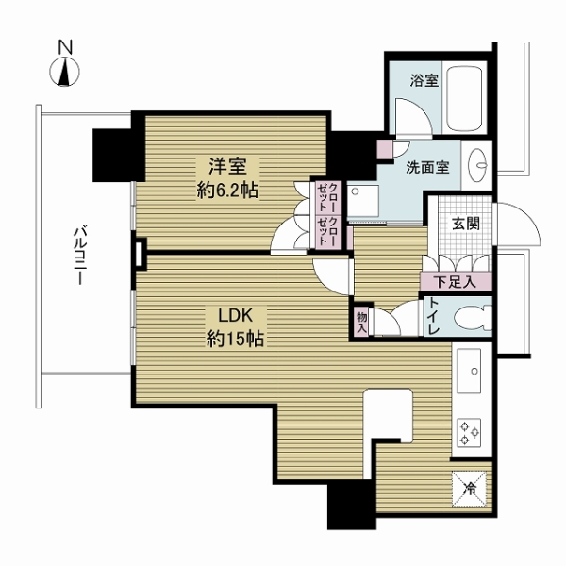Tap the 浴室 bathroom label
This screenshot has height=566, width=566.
click(424, 80)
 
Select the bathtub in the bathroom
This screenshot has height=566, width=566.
click(464, 98)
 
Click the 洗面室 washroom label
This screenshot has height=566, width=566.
click(427, 167)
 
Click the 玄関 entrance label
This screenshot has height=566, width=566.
click(466, 225)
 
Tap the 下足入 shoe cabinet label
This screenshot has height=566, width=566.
click(455, 282)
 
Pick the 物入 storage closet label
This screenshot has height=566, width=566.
click(361, 323)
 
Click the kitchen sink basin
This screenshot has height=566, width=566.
click(469, 371)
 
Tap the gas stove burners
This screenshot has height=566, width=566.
click(469, 432)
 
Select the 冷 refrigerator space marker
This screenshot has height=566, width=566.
click(469, 489)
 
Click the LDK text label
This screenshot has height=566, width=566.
click(235, 315)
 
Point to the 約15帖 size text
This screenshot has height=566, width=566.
click(235, 339)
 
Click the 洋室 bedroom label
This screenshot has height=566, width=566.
click(227, 166)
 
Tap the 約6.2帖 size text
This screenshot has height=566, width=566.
click(227, 190)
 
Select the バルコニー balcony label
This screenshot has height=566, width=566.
click(79, 255)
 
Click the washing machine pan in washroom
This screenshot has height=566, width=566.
click(362, 202)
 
